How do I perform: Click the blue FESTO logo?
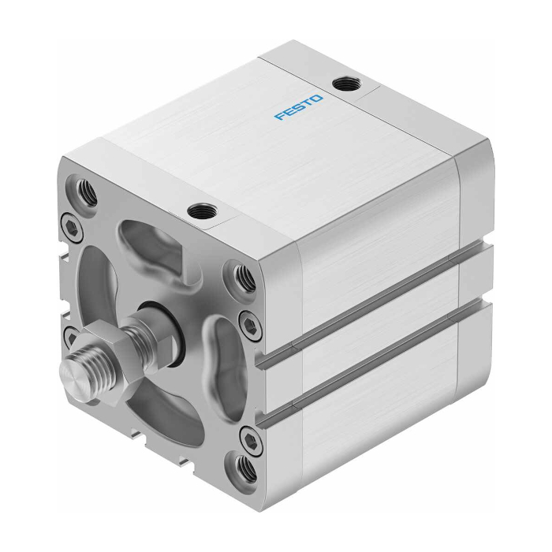[299, 107]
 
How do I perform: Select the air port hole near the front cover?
[202, 211]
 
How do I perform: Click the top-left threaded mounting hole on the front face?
[85, 192]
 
